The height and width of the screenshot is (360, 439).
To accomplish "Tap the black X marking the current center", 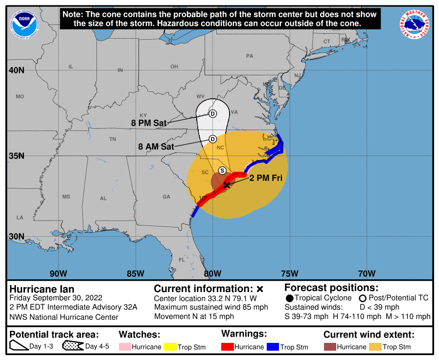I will click(226, 184).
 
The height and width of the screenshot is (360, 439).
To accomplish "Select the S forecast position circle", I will click(222, 170).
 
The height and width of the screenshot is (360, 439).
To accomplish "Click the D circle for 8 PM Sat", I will click(212, 114).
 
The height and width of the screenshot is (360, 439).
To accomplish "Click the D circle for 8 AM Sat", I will click(212, 139).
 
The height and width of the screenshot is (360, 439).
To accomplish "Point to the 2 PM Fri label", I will click(266, 178).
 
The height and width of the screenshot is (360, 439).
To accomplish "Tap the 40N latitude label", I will click(16, 70).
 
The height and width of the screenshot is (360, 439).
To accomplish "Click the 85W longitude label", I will click(135, 273).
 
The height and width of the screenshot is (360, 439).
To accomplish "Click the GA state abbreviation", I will click(166, 197).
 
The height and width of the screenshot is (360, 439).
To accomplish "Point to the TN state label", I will click(113, 139).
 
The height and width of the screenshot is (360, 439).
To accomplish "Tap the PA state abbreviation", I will click(250, 56).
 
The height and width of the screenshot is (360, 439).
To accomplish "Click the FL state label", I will click(182, 260).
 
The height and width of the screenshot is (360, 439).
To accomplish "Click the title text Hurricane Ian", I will click(42, 289).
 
